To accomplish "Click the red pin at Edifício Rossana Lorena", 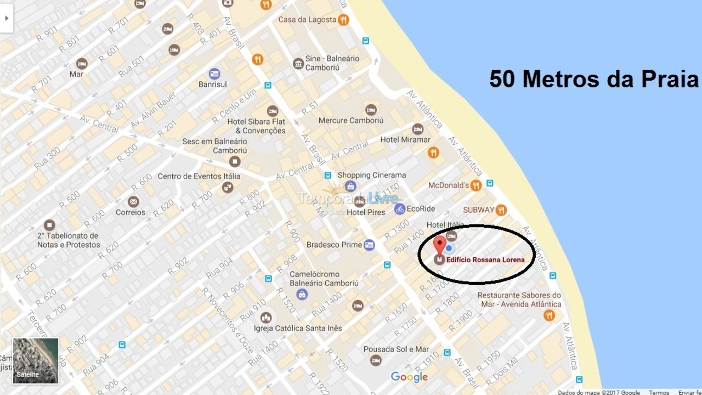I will coord(439,244).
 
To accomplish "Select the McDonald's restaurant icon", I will coord(475,185).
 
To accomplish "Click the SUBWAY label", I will coord(478,210).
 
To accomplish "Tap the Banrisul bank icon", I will coord(214,74).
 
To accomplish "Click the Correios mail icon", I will coord(133,201).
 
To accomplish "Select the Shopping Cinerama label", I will coord(371,176).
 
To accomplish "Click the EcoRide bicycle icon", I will coord(400,208).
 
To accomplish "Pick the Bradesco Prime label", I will coord(334,245).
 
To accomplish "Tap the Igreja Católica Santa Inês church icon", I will coord(266,318).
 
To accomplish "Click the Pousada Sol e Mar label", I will coord(396,349).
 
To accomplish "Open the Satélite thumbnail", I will coord(36,360).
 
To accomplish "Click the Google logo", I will coord(409,377).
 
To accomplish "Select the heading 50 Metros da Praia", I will coord(594,79).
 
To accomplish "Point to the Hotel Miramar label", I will coord(405,140).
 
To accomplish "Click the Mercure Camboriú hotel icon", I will coord(371,110).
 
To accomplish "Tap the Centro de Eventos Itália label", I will coord(199,177).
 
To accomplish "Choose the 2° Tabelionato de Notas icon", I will coord(49,225).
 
